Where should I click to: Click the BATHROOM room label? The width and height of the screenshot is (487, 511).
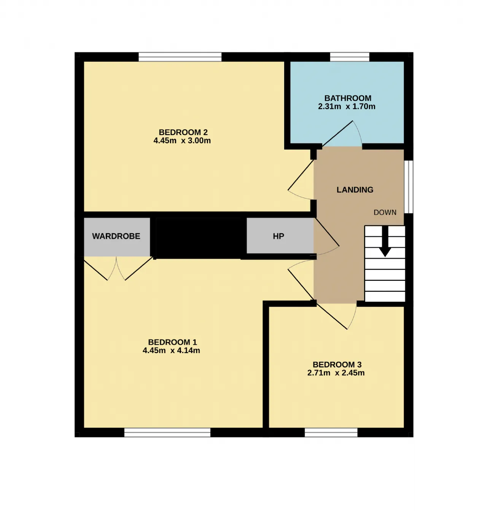(348, 98)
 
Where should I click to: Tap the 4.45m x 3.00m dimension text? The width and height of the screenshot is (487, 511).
(182, 141)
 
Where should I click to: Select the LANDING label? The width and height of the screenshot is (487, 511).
(355, 190)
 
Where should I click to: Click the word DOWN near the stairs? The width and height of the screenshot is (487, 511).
(385, 212)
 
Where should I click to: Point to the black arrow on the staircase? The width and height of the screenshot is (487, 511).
(385, 241)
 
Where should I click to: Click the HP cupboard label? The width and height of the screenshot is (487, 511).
(279, 236)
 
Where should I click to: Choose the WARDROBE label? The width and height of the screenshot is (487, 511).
(116, 236)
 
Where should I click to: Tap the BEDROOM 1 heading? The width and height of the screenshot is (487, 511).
(172, 342)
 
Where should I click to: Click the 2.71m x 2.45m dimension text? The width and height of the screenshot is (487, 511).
(336, 373)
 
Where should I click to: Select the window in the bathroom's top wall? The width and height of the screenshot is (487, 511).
(349, 57)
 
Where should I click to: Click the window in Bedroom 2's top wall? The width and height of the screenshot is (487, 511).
(180, 57)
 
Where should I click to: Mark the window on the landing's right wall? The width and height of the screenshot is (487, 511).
(409, 186)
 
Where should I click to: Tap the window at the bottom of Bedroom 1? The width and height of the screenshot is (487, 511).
(167, 433)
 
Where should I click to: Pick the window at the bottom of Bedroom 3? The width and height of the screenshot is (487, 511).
(331, 433)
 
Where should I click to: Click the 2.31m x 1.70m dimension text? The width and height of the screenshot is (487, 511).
(347, 107)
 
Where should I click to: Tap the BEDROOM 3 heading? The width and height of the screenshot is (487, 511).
(337, 365)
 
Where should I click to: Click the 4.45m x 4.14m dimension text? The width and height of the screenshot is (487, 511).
(171, 350)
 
